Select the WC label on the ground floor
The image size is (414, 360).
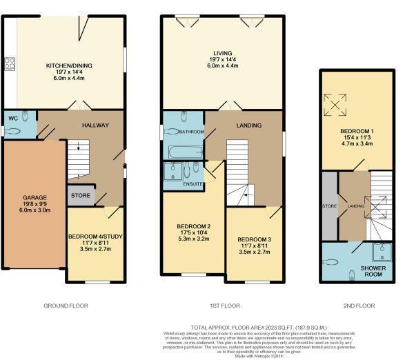[x=12, y=118]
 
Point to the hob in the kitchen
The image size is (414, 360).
[x=10, y=64]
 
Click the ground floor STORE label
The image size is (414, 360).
[x=80, y=196]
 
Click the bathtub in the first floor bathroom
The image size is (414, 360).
[x=184, y=150]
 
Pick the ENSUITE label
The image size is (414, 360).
[x=193, y=184]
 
